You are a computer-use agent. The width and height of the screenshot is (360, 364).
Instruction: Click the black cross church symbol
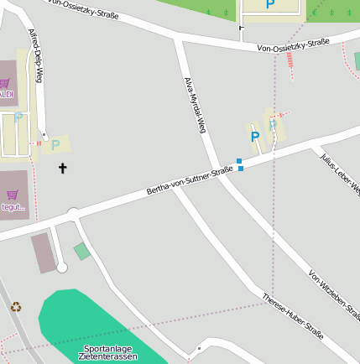pos(62,169)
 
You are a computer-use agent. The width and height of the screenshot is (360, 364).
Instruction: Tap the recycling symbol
pos(16,307)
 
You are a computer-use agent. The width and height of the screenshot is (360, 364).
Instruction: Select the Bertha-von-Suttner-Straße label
pos(190,181)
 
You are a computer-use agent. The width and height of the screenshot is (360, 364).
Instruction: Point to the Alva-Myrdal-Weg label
pos(195,105)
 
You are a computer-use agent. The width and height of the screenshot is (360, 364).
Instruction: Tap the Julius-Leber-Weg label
pos(340,171)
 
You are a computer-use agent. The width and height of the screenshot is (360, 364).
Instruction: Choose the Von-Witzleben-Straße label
pos(334,294)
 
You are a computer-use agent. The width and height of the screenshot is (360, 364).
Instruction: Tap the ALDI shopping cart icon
pos(4,82)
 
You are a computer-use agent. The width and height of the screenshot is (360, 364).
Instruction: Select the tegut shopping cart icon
pos(12,194)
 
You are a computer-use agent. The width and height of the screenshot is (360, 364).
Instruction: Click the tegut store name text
pos(13,206)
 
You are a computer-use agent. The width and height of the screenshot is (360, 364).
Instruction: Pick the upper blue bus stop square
pos(239,161)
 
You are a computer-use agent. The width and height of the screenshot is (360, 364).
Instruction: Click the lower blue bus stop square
pos(241,169)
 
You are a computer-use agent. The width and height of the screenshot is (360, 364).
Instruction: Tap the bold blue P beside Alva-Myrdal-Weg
pos(254,136)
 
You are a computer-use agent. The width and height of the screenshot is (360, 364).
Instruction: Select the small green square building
pos(81,251)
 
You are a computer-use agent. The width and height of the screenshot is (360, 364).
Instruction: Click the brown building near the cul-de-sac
pos(44,252)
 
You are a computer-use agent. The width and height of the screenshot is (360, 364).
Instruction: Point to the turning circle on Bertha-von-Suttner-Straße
pos(73,214)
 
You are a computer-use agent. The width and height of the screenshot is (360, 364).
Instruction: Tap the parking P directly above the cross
pos(55,145)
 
